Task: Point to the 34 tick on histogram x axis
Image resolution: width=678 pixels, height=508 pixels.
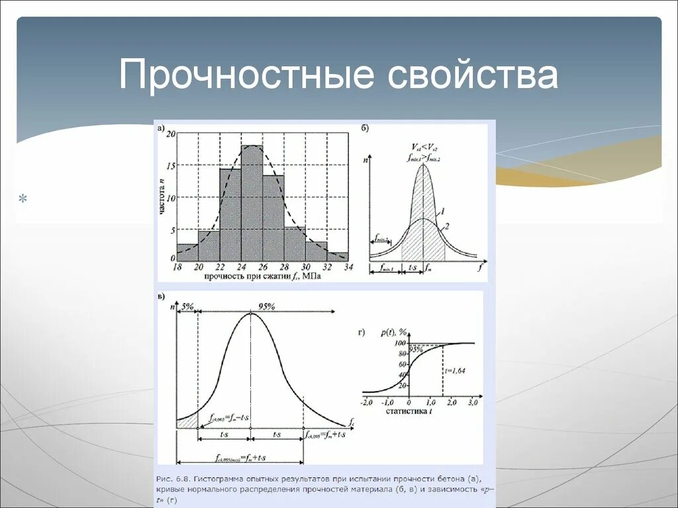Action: point(349,267)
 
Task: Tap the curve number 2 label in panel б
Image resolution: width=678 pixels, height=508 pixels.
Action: point(447,226)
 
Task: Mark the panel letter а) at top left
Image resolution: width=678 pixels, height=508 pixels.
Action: point(161,129)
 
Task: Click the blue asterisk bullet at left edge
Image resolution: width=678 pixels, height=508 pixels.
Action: point(23,198)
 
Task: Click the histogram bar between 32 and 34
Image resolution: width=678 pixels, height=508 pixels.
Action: point(338,256)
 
